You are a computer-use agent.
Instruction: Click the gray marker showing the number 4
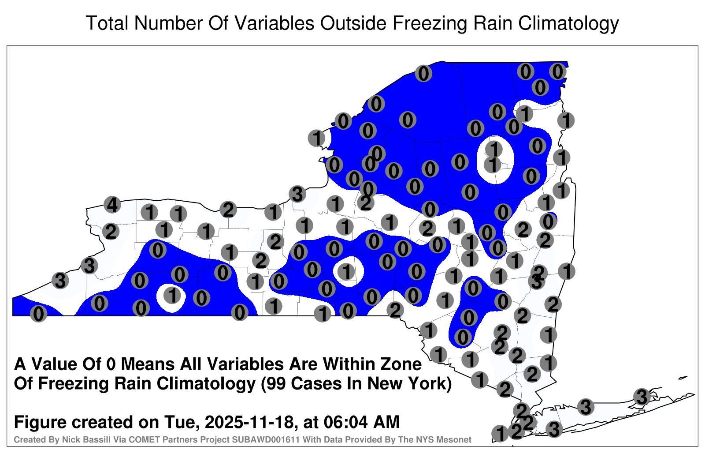[112, 205]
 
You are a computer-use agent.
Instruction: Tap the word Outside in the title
[353, 23]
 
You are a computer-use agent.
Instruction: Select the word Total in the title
[107, 23]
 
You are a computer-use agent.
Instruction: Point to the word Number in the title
[168, 23]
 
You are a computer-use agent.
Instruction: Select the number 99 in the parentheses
[276, 384]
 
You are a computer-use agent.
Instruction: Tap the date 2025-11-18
[249, 422]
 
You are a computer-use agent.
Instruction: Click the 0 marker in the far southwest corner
[38, 314]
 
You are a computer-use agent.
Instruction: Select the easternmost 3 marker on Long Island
[642, 397]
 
